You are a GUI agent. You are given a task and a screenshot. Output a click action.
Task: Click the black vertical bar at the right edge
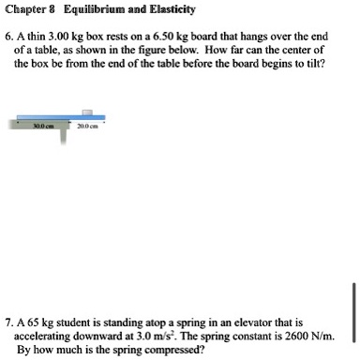(x=355, y=309)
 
